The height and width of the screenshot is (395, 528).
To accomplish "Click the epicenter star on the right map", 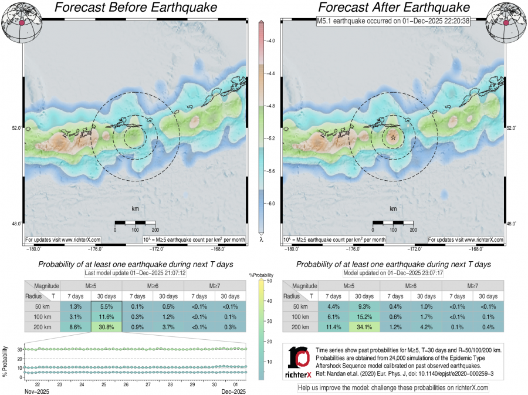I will pos(393,137).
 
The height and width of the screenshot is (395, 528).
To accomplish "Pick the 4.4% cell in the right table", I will pos(334,306).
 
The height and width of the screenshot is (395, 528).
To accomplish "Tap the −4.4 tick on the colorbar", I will pos(271,74).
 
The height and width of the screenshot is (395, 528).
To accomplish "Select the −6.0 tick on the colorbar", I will pos(271,203).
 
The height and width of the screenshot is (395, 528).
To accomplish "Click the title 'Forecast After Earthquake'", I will pos(393,8).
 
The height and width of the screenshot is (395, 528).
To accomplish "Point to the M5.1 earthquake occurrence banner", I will pos(393,22).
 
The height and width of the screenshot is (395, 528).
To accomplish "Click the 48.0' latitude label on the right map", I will pos(511,224).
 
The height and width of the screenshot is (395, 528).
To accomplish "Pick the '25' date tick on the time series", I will pos(104,385).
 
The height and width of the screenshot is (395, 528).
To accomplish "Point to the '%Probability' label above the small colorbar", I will pos(260,275).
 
